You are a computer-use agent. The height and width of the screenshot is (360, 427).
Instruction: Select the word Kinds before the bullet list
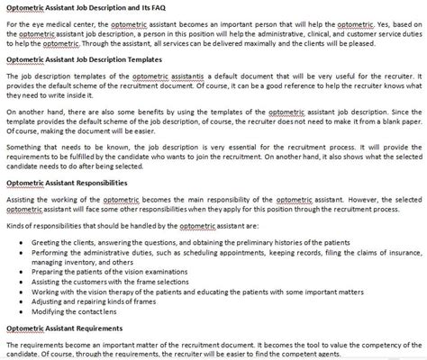pos(15,229)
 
